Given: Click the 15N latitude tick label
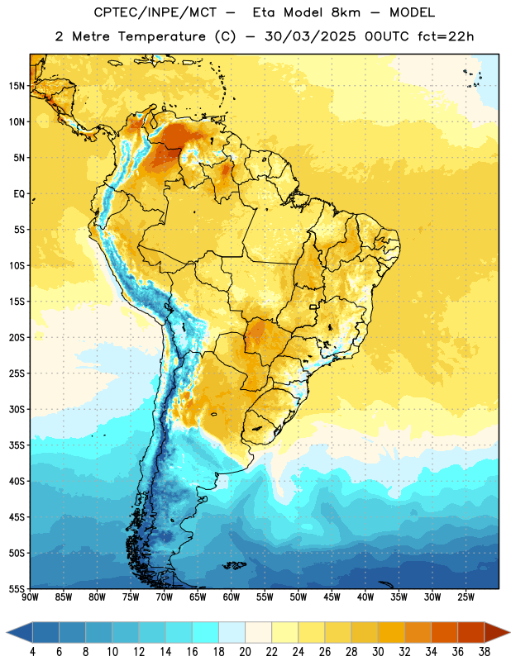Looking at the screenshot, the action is click(17, 86).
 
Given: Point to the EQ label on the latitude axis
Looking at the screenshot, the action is click(19, 194).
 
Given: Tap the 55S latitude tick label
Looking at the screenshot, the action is click(17, 589).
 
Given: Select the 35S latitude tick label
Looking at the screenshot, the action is click(17, 445).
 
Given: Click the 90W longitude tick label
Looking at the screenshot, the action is click(30, 597).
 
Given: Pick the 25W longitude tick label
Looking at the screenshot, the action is click(466, 597).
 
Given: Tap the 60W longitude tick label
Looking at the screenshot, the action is click(232, 597).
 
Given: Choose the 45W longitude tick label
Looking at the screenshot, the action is click(332, 597).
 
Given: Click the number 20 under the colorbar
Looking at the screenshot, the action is click(245, 652).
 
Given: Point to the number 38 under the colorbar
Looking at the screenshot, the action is click(484, 652).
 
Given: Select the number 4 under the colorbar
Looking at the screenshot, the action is click(32, 652).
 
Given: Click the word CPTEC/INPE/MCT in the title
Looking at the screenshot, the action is click(155, 12).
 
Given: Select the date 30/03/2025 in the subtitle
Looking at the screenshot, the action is click(310, 36).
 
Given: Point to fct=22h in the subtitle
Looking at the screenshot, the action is click(446, 36).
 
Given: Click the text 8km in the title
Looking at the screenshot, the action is click(346, 12).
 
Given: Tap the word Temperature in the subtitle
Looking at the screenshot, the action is click(162, 36).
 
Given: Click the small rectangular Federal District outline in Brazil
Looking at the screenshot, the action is click(313, 307).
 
